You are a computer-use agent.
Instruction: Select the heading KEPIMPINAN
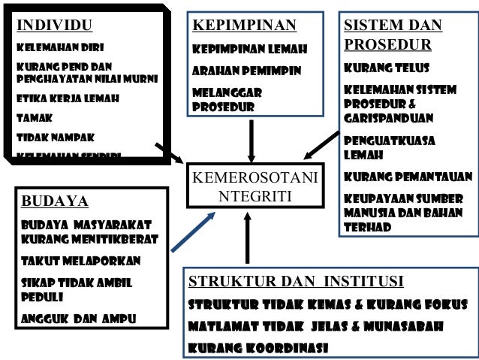click(245, 26)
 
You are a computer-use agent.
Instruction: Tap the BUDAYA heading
click(55, 201)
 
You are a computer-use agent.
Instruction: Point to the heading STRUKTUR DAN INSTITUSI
click(296, 282)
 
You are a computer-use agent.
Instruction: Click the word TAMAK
click(34, 118)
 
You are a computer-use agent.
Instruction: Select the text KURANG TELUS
click(386, 68)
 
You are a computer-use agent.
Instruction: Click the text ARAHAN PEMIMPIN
click(247, 71)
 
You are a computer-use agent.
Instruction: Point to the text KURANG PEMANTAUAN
click(408, 177)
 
